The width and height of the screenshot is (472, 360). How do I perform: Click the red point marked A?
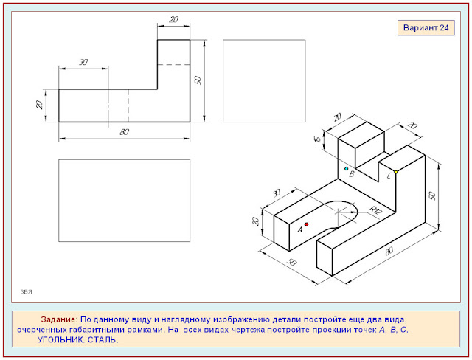tap(307, 224)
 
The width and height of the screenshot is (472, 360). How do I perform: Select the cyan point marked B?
tap(346, 168)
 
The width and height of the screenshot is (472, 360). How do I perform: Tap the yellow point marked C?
tap(396, 172)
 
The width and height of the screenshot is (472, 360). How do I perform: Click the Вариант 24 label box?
tap(426, 28)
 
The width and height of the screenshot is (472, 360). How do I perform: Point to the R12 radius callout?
tap(375, 210)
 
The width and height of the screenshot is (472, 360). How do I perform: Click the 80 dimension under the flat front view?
tap(124, 132)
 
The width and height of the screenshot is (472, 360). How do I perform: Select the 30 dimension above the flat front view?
tap(83, 62)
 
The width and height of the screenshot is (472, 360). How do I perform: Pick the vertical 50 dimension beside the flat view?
tap(198, 80)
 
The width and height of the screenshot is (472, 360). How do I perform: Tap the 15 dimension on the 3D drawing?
tap(317, 139)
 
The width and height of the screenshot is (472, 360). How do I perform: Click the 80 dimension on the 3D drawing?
tap(389, 251)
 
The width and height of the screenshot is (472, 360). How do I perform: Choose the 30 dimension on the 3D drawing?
tap(277, 193)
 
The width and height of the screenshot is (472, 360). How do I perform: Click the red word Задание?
tap(59, 319)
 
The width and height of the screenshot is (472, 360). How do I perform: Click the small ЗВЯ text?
tap(27, 291)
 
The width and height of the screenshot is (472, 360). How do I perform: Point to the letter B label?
tap(351, 174)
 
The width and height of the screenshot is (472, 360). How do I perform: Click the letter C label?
tap(389, 176)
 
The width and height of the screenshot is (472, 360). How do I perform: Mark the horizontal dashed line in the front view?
tap(174, 64)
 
